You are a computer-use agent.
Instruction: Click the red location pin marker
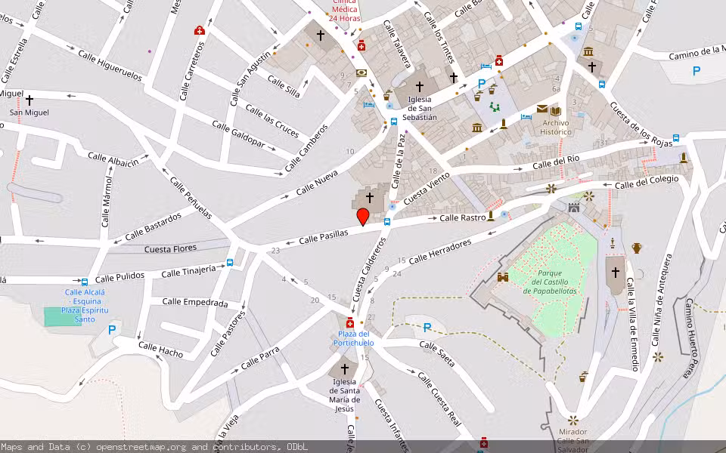tap(363, 217)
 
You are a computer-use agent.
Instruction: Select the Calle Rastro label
tap(462, 218)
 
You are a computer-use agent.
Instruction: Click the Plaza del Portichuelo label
tap(353, 338)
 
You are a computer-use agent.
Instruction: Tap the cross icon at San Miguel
tap(29, 100)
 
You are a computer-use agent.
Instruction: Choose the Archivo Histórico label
tap(556, 127)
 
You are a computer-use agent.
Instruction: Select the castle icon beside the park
tap(501, 278)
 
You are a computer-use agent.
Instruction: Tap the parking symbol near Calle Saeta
tap(427, 327)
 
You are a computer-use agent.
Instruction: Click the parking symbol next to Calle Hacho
tap(112, 329)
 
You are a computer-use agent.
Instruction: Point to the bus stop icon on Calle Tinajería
tap(230, 263)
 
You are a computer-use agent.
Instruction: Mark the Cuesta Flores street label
tap(170, 248)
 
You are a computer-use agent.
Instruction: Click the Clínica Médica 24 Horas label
tap(345, 10)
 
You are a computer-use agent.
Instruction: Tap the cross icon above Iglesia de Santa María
tap(345, 369)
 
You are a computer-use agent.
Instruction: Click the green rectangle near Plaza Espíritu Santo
tap(62, 317)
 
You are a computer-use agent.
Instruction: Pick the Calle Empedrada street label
tap(194, 303)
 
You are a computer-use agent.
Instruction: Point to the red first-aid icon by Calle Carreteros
tap(200, 31)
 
